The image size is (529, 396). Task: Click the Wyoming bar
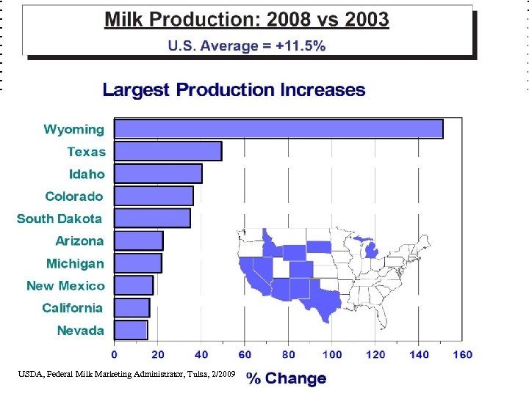pyautogui.click(x=279, y=129)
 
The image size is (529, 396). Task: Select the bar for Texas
pyautogui.click(x=168, y=151)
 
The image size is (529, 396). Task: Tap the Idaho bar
pyautogui.click(x=159, y=174)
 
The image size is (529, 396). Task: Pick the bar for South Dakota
pyautogui.click(x=153, y=218)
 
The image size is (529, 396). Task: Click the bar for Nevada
pyautogui.click(x=132, y=330)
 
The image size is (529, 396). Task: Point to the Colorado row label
pyautogui.click(x=74, y=197)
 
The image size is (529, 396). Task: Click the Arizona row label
pyautogui.click(x=79, y=241)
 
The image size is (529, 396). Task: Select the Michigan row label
pyautogui.click(x=75, y=263)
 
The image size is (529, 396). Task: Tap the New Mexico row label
pyautogui.click(x=65, y=286)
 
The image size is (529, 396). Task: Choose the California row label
pyautogui.click(x=72, y=308)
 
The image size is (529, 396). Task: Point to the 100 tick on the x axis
pyautogui.click(x=332, y=355)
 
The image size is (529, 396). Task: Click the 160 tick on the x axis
pyautogui.click(x=462, y=355)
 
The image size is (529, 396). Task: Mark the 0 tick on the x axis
pyautogui.click(x=115, y=355)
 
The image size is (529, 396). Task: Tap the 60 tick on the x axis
pyautogui.click(x=245, y=355)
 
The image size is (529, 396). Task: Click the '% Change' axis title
pyautogui.click(x=287, y=378)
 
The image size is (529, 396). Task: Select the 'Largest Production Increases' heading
pyautogui.click(x=234, y=90)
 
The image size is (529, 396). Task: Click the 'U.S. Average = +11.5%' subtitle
pyautogui.click(x=247, y=45)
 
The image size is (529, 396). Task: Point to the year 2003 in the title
pyautogui.click(x=360, y=20)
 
